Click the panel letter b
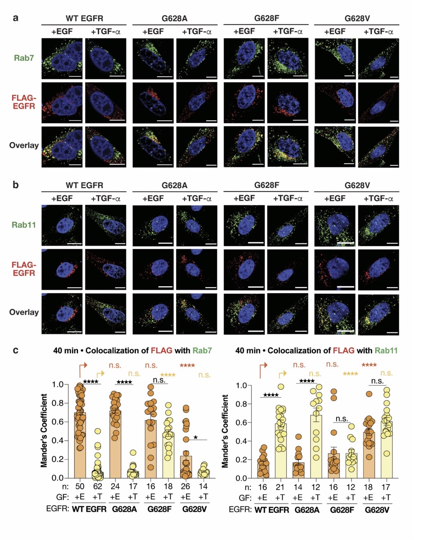(16, 185)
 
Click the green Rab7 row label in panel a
(24, 58)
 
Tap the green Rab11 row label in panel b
(24, 225)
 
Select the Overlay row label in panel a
(24, 145)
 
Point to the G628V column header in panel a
(357, 19)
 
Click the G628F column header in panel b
(267, 186)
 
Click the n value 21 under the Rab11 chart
(280, 487)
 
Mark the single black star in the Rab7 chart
(195, 437)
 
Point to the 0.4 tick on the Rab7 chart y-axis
(56, 441)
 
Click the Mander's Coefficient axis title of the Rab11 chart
(226, 431)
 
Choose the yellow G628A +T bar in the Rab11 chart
(315, 446)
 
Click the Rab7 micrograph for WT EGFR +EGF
(63, 58)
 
